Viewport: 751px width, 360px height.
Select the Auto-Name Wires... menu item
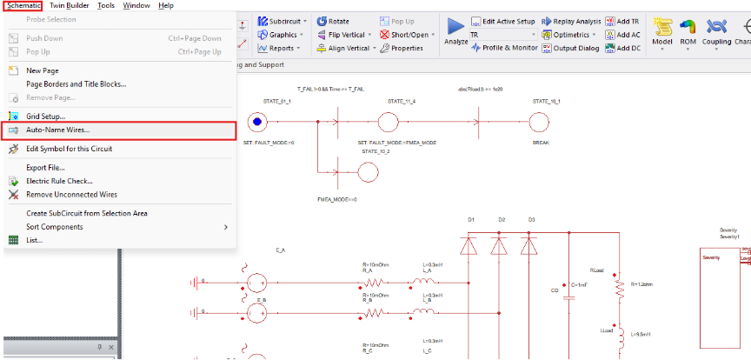[x=57, y=130]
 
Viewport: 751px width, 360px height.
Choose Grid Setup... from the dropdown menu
[x=45, y=116]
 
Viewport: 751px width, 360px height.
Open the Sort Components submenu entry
[x=55, y=227]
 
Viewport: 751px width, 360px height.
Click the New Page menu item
[x=43, y=70]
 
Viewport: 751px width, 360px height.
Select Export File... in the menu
[x=45, y=168]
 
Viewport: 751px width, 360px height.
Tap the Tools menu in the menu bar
[x=106, y=5]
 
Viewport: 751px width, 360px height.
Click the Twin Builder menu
[x=70, y=5]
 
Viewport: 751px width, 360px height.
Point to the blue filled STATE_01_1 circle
[x=256, y=123]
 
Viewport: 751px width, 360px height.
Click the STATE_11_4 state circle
[x=387, y=123]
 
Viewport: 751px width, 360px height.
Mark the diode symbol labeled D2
[x=499, y=245]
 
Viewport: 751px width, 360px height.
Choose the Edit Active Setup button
[x=502, y=21]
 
